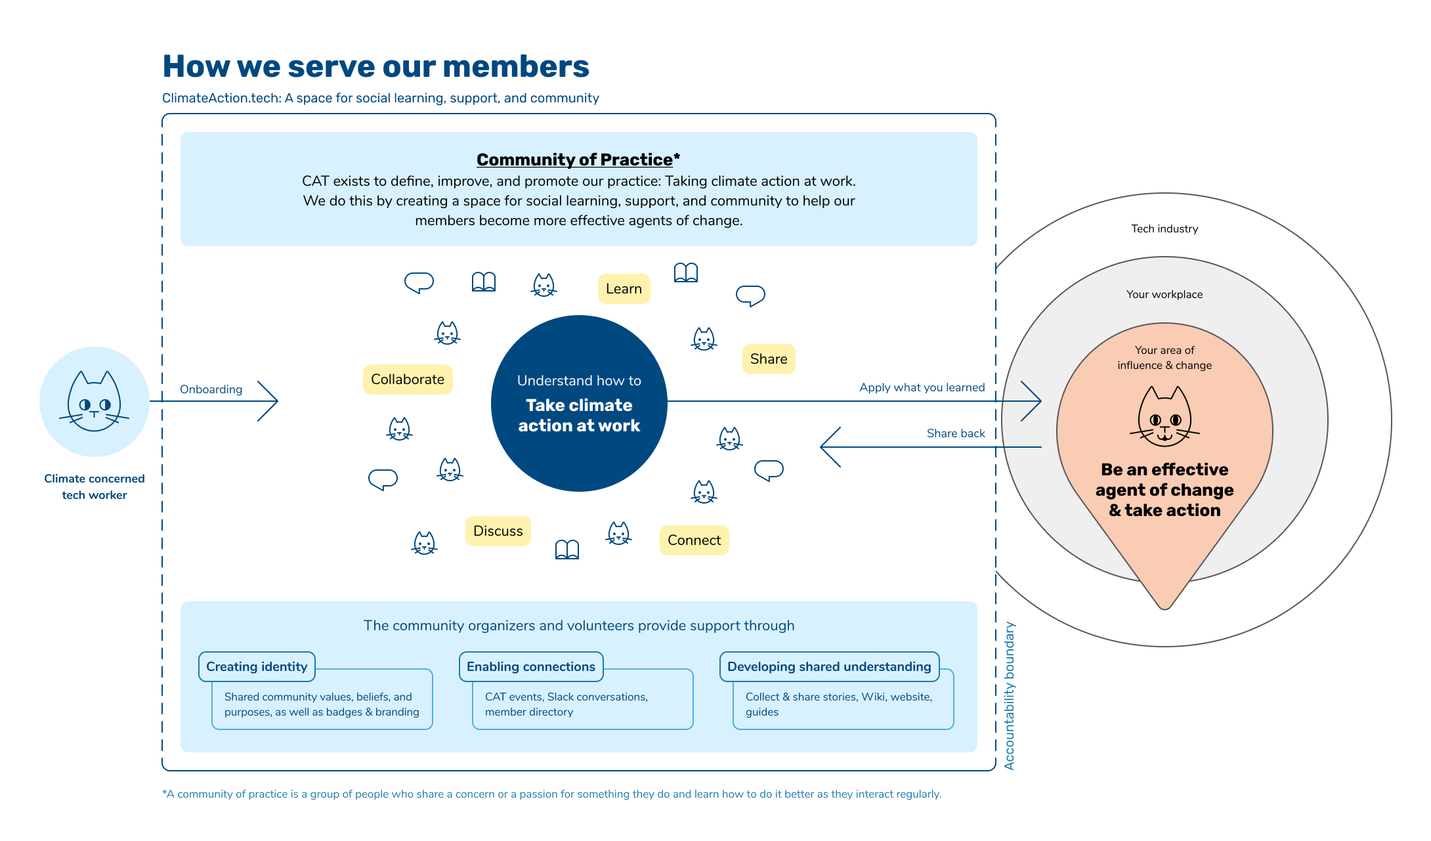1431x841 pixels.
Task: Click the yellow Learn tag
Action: [624, 289]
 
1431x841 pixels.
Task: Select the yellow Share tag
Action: [769, 359]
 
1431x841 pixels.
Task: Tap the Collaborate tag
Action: [408, 379]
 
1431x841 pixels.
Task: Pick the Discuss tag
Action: [498, 531]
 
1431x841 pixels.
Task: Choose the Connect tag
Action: [694, 540]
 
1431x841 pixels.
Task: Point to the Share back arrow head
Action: [830, 447]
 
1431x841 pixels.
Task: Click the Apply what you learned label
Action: [922, 387]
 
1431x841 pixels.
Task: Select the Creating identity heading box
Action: [257, 667]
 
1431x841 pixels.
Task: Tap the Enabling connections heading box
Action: [531, 667]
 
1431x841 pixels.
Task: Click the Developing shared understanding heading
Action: [829, 667]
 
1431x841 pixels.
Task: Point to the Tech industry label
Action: [1164, 228]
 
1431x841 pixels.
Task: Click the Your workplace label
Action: [1164, 294]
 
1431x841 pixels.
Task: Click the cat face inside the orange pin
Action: [1164, 417]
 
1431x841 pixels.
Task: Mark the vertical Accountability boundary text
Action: [1010, 696]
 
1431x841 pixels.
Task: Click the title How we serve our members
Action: [375, 66]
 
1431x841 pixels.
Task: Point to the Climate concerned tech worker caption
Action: [95, 486]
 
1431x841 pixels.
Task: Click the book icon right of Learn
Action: [686, 272]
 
